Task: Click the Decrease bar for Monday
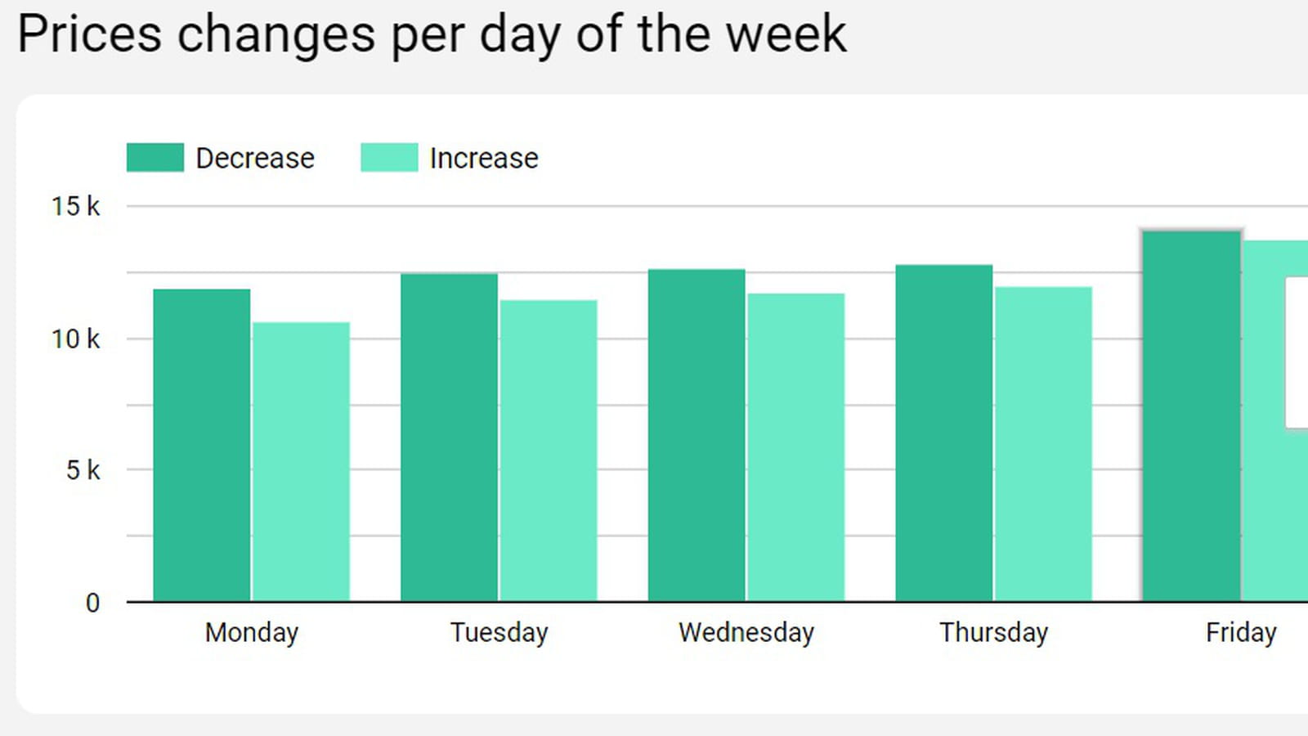point(201,445)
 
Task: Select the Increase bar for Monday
point(302,461)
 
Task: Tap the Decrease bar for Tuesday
point(449,437)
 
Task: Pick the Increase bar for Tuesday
point(549,451)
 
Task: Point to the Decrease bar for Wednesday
point(697,435)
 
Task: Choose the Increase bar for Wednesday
point(796,447)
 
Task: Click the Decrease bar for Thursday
point(944,433)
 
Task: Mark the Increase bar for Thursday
point(1043,444)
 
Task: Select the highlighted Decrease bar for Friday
point(1192,416)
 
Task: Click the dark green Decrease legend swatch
point(155,158)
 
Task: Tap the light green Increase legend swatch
point(389,158)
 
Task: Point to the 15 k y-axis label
point(76,206)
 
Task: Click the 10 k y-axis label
point(76,339)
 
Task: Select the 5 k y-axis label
point(83,470)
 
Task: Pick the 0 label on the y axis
point(93,603)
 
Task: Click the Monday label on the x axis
point(252,633)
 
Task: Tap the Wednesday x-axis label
point(746,633)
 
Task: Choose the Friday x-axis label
point(1242,633)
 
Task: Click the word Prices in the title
point(90,34)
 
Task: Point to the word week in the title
point(786,34)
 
